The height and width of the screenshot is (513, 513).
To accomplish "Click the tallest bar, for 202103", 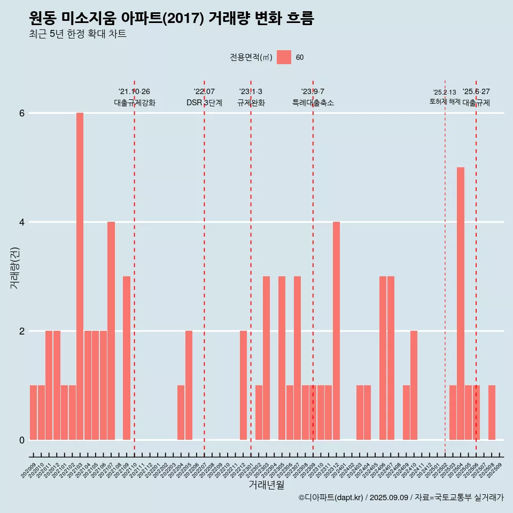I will click(80, 276).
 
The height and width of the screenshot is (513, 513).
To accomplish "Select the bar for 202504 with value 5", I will click(461, 304).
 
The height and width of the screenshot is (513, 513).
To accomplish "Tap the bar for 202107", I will click(111, 331).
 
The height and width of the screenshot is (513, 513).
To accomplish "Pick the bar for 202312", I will click(336, 331).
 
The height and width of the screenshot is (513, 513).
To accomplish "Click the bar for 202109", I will click(127, 358).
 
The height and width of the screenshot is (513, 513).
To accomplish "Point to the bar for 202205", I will click(189, 385).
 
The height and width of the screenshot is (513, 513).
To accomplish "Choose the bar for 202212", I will click(243, 385).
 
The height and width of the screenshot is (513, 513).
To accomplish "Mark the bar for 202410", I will click(414, 385).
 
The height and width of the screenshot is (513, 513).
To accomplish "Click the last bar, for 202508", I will click(492, 413).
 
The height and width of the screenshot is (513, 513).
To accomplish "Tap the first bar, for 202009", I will click(33, 413).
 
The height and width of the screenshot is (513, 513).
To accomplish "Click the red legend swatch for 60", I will click(284, 57).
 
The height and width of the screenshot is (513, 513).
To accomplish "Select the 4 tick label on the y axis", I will click(22, 222).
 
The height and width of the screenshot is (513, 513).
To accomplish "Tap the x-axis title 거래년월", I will click(266, 485).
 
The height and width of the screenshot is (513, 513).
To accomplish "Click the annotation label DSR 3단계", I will click(204, 103).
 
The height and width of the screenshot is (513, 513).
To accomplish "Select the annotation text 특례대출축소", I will click(313, 103).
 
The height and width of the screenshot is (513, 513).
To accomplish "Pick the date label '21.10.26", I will click(134, 91).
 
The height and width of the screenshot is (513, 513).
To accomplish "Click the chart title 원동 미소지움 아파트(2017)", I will click(171, 18).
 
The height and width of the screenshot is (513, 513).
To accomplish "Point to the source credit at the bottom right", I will click(401, 498).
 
